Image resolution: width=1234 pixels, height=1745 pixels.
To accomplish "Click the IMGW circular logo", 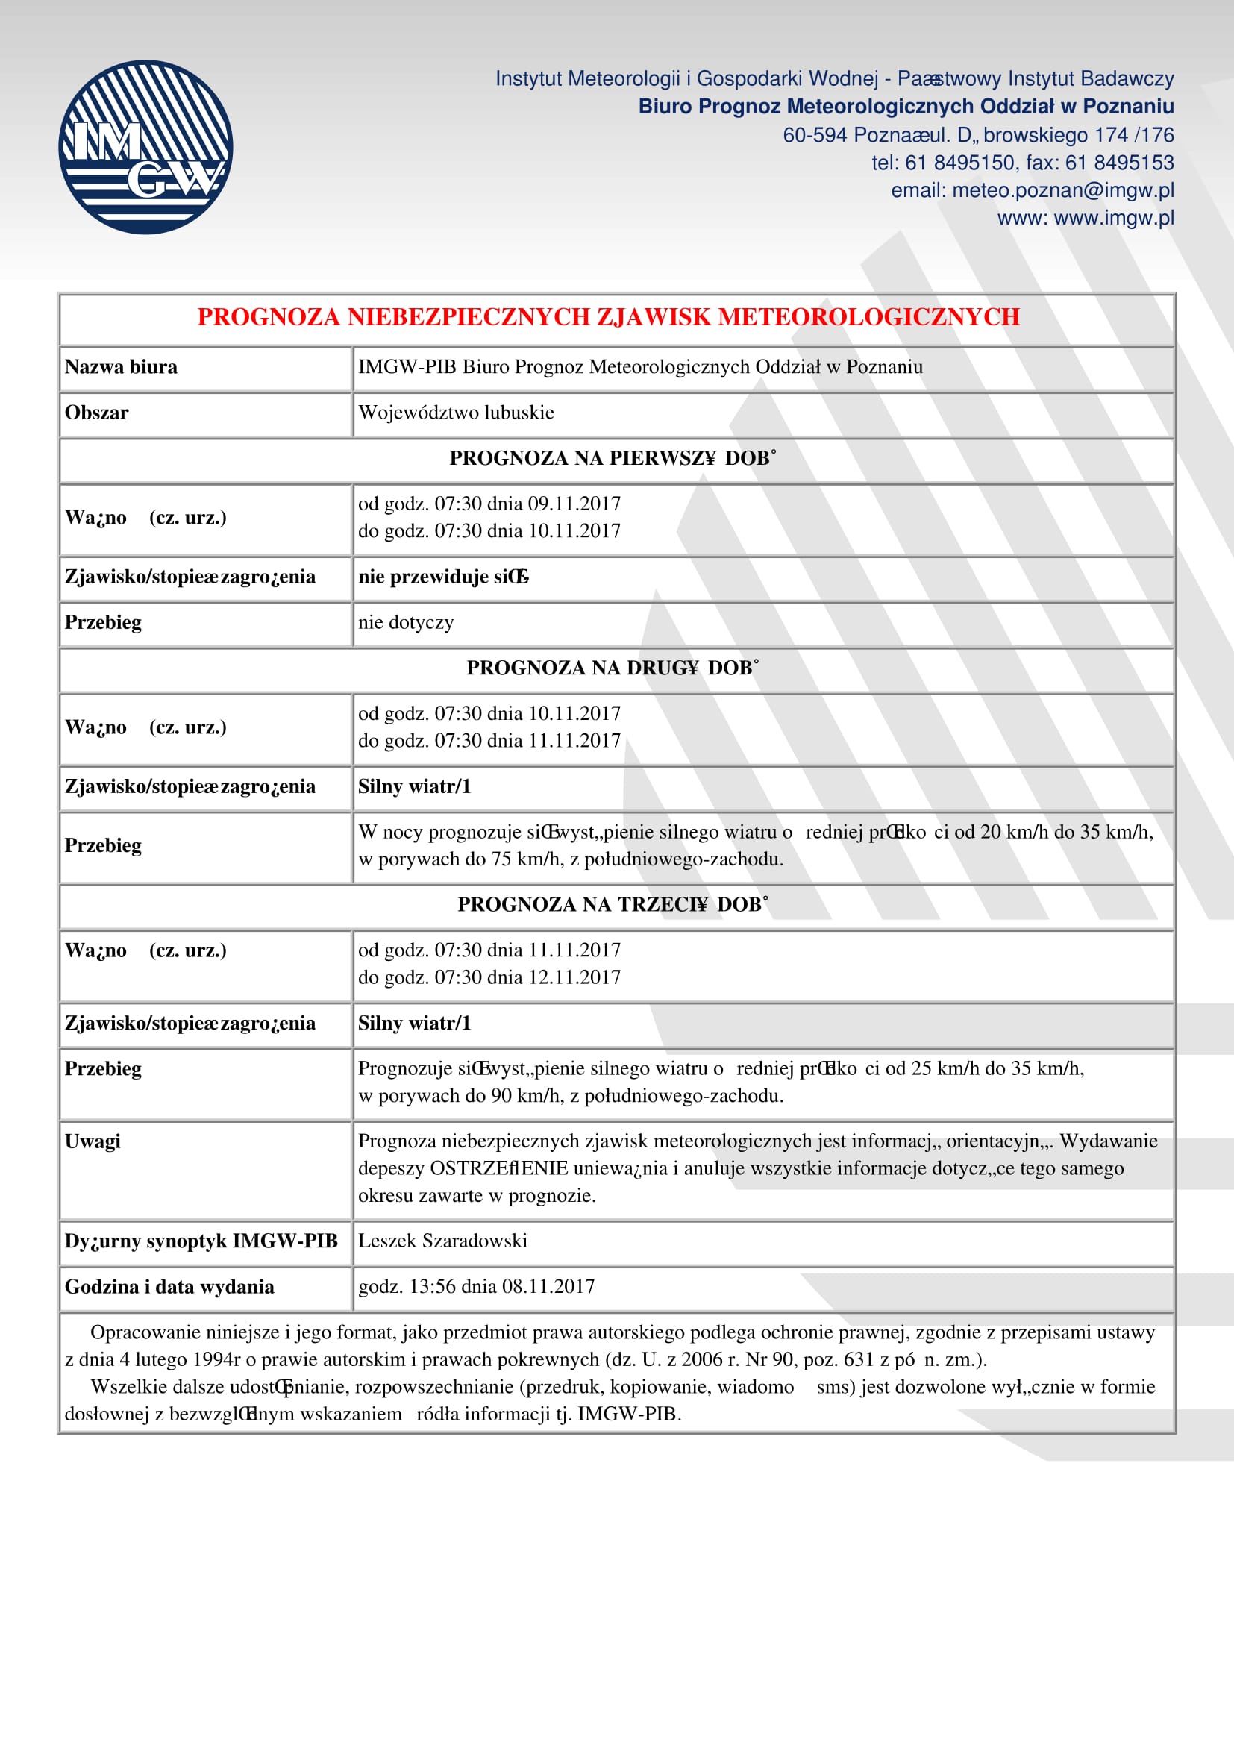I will [145, 147].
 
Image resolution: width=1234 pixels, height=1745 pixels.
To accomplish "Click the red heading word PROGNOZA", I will [269, 317].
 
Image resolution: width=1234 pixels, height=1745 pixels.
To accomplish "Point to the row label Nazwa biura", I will [121, 367].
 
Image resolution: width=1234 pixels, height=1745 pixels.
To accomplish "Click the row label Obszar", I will [96, 413].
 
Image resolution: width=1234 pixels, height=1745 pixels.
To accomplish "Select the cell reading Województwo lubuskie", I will [456, 413].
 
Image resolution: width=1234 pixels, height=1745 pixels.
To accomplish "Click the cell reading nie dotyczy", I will [406, 622].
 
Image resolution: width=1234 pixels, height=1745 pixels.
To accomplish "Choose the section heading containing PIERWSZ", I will [613, 458].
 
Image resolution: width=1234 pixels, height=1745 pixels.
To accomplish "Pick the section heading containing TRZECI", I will [613, 904].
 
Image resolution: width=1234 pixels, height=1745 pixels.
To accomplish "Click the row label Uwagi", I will [93, 1141].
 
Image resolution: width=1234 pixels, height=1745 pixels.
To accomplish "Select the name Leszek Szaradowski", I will [442, 1241].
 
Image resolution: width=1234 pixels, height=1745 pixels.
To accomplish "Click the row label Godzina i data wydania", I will [169, 1287].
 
